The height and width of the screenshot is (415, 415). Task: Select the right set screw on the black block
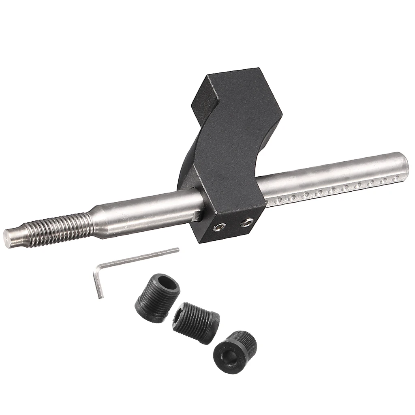click(x=247, y=222)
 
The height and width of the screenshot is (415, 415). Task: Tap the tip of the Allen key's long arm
click(x=178, y=249)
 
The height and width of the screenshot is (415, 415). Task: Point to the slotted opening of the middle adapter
click(x=178, y=314)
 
